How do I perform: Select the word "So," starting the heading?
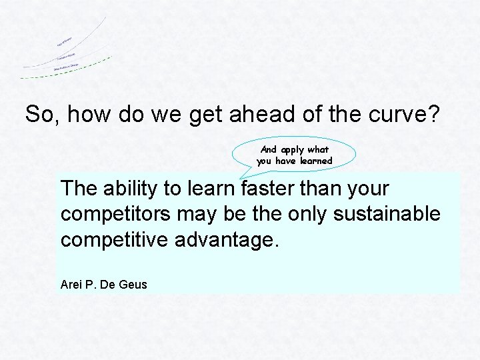pyautogui.click(x=42, y=115)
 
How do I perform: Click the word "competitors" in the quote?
pyautogui.click(x=119, y=214)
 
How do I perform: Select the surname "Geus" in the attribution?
pyautogui.click(x=134, y=285)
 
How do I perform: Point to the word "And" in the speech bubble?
pyautogui.click(x=269, y=150)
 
